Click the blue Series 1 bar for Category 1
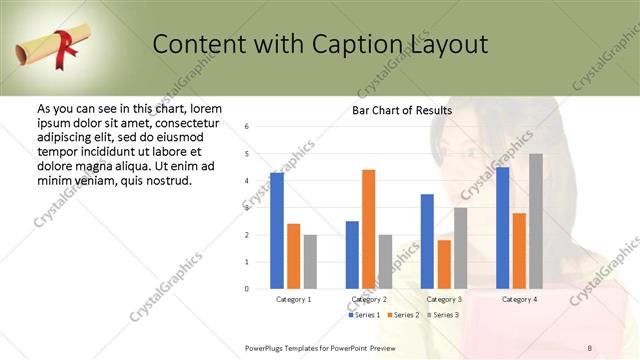click(277, 231)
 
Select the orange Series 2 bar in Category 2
click(368, 229)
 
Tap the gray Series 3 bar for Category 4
click(536, 221)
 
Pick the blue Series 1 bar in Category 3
click(427, 241)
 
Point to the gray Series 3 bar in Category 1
click(310, 262)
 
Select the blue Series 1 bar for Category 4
click(502, 228)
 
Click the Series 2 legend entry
click(402, 315)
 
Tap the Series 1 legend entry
click(364, 315)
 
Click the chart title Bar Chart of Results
click(402, 110)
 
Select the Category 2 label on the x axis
click(369, 299)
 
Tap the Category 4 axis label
click(519, 299)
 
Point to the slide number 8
click(590, 347)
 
